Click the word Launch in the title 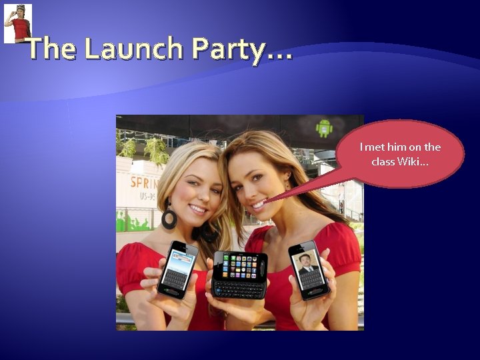[x=134, y=48]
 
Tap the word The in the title [x=53, y=48]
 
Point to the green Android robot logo [x=325, y=127]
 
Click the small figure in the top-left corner [x=18, y=23]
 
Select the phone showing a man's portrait [x=309, y=270]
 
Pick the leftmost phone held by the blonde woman [x=177, y=269]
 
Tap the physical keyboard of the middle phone [x=239, y=289]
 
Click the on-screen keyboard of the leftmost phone [x=175, y=279]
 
